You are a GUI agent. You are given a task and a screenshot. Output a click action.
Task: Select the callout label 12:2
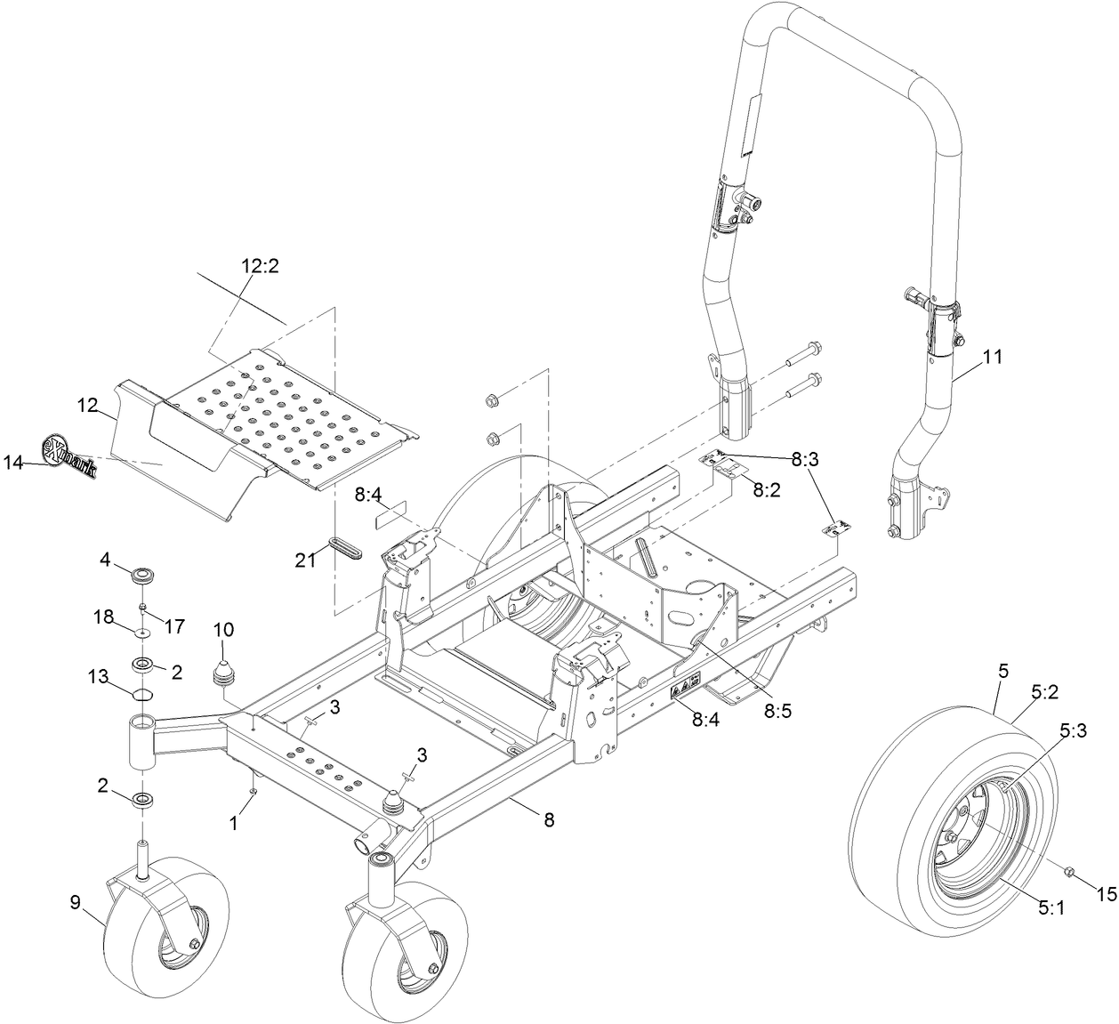coord(260,266)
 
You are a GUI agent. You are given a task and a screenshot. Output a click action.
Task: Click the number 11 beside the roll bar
coord(992,357)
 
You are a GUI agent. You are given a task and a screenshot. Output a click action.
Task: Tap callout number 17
coord(174,626)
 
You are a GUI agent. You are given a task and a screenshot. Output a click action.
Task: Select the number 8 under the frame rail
coord(549,820)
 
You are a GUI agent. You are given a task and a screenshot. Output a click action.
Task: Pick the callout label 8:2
coord(767,489)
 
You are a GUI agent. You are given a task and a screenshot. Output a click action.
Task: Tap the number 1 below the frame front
coord(233,825)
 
